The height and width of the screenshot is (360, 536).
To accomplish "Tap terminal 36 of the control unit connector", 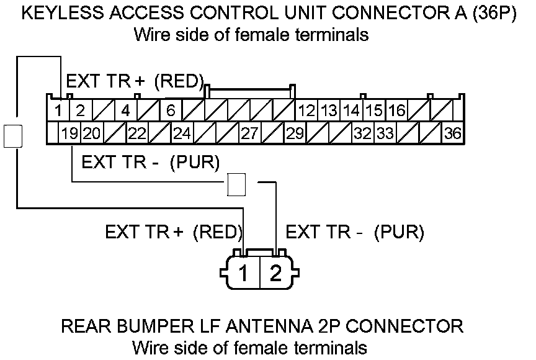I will [x=452, y=133].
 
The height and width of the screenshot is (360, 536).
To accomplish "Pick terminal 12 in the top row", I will [x=306, y=111].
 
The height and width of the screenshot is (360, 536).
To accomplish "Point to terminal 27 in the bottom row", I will [x=249, y=133].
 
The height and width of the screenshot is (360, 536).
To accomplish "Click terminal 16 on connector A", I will [x=397, y=111].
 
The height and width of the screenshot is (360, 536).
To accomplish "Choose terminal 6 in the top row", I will [x=171, y=111].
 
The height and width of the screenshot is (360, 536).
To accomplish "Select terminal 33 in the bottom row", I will [x=385, y=133].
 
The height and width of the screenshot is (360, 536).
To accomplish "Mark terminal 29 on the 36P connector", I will [x=295, y=133].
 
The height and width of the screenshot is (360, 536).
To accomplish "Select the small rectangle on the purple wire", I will [x=236, y=184].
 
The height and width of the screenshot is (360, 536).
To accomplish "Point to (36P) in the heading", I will [x=492, y=14].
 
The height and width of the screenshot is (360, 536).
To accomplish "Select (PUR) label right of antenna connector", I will [x=400, y=232].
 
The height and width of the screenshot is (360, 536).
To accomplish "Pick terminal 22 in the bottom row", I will [x=136, y=133].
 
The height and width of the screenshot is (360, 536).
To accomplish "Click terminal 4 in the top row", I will [x=125, y=111].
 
